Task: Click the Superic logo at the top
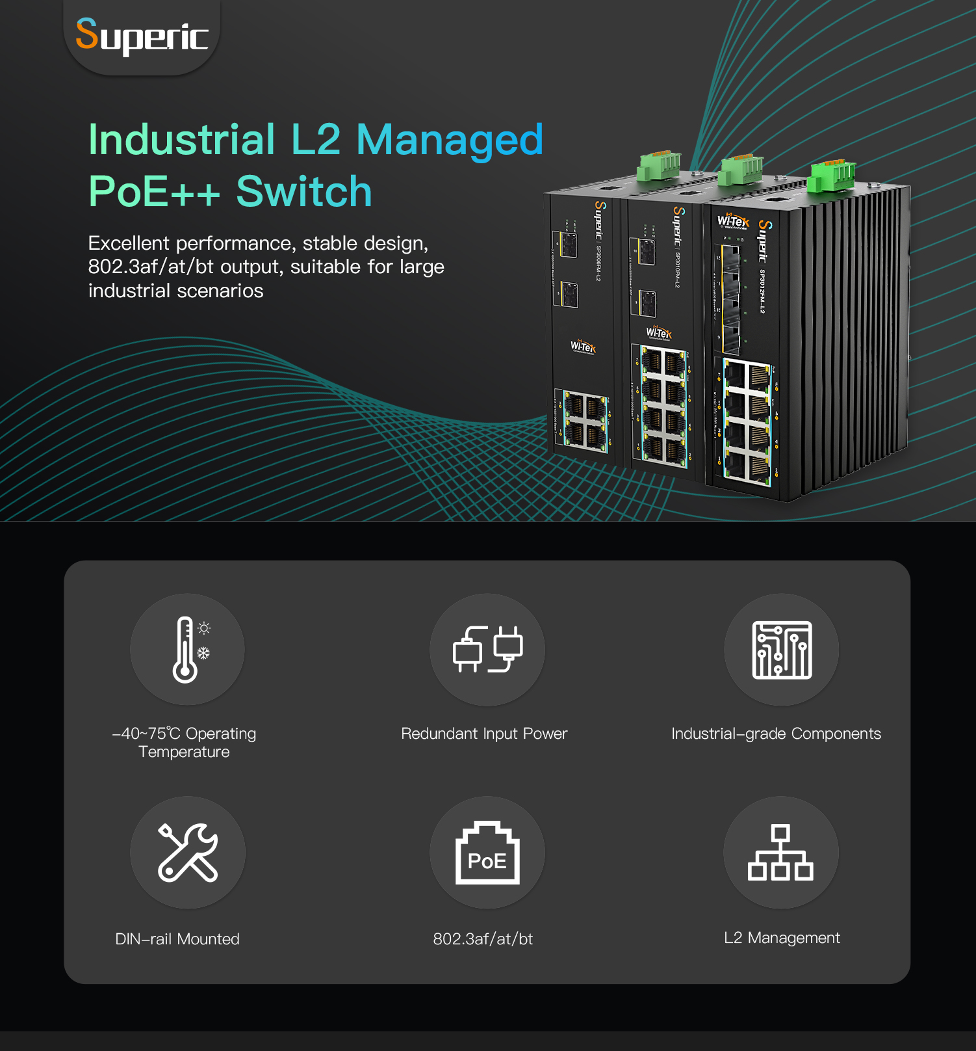click(x=142, y=36)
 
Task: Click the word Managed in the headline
click(x=449, y=140)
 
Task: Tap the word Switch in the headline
click(x=303, y=192)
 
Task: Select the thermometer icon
click(x=186, y=649)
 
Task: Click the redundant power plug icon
click(x=487, y=649)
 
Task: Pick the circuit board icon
click(x=781, y=649)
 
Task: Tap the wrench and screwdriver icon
click(x=188, y=852)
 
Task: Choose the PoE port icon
click(x=487, y=852)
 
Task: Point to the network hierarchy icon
click(x=780, y=852)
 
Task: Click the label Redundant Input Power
click(x=484, y=734)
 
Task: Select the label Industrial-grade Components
click(x=776, y=734)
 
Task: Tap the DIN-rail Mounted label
click(x=177, y=939)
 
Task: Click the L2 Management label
click(x=782, y=938)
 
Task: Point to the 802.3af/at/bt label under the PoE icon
click(x=483, y=939)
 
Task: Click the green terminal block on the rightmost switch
click(x=832, y=176)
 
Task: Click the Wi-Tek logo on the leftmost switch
click(x=583, y=346)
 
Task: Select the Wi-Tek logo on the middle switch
click(x=659, y=333)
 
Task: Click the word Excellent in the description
click(x=129, y=243)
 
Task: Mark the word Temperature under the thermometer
click(x=184, y=752)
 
